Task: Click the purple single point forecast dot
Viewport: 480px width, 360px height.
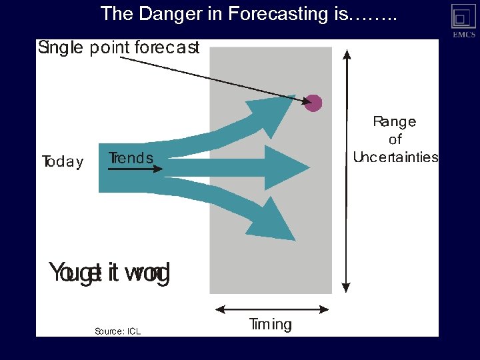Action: click(313, 103)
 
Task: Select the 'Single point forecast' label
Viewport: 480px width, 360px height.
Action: click(119, 48)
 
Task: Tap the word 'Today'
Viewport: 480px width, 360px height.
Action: click(63, 162)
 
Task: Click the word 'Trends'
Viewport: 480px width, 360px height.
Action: click(131, 158)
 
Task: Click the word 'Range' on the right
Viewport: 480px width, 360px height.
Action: click(394, 121)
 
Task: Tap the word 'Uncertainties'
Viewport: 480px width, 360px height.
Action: click(395, 157)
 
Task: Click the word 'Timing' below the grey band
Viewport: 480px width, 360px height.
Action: click(270, 325)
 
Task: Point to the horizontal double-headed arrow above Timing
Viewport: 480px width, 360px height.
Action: click(272, 309)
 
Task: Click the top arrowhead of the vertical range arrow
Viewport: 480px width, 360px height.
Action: click(346, 54)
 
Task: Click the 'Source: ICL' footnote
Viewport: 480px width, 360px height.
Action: click(117, 331)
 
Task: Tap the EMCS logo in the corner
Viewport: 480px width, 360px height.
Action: click(463, 20)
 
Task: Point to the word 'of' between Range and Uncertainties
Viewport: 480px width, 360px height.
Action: click(395, 139)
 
